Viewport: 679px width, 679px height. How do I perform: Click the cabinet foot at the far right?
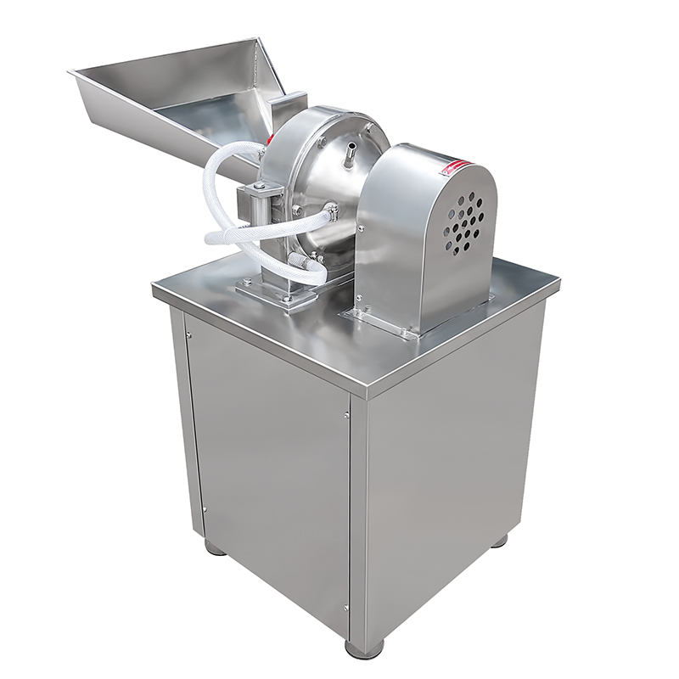point(500,540)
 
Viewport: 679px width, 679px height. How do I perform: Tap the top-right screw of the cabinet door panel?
point(346,414)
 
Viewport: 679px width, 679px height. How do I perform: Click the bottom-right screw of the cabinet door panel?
point(346,607)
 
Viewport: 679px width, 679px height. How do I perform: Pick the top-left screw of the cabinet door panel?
point(188,334)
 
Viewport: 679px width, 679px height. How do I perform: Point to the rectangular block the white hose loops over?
point(255,202)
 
